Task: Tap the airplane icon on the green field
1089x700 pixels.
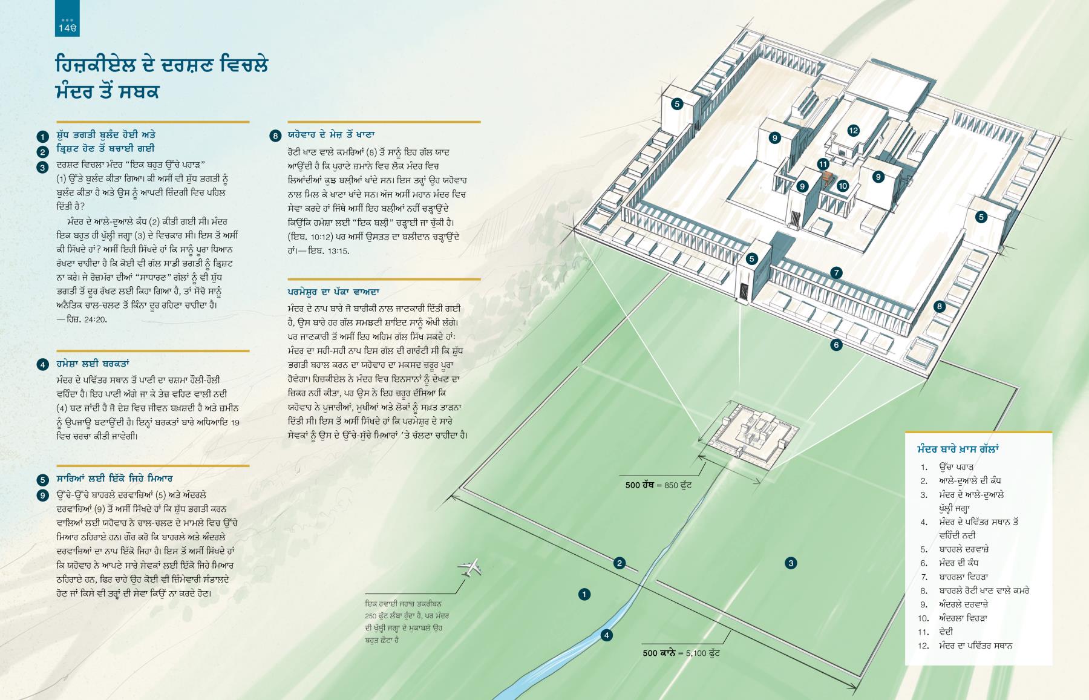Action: (x=471, y=567)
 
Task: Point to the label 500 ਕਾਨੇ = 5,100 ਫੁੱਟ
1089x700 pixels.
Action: (x=681, y=653)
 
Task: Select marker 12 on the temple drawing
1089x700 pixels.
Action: (x=853, y=130)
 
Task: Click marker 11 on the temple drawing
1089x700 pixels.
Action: (x=823, y=164)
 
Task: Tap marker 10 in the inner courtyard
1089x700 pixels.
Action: (x=843, y=186)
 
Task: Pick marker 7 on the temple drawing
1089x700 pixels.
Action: (x=836, y=273)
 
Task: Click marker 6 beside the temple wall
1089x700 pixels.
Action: (x=836, y=345)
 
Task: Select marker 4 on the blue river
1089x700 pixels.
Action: (x=606, y=635)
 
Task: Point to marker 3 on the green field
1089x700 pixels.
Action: (x=791, y=563)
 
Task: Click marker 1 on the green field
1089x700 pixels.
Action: (x=584, y=594)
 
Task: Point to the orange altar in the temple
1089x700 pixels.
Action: (x=827, y=179)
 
